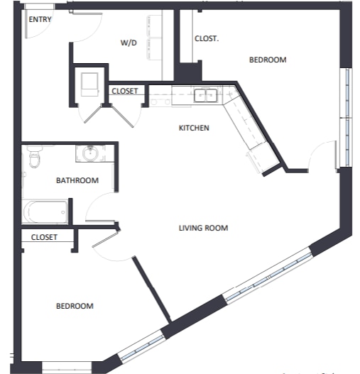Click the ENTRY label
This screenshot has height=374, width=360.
coord(40,19)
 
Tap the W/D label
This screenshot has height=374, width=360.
coord(129,43)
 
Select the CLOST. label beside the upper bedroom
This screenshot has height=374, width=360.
coord(207,38)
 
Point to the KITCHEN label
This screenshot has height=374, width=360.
coord(194,128)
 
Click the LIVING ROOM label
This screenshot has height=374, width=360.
coord(203,228)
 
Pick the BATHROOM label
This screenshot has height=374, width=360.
coord(77,180)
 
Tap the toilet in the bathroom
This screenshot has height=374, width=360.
coord(34,156)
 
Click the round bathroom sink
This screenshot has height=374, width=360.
coord(90,153)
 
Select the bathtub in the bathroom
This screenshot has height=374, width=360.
coord(45,212)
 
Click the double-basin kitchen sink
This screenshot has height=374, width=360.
coord(205,95)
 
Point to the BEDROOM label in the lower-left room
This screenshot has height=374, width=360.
coord(75,306)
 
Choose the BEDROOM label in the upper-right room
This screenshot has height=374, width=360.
coord(268,60)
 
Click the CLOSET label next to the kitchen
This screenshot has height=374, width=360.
coord(125,91)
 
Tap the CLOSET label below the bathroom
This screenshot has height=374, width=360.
coord(44,237)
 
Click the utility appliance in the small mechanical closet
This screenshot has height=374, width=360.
coord(89,84)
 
